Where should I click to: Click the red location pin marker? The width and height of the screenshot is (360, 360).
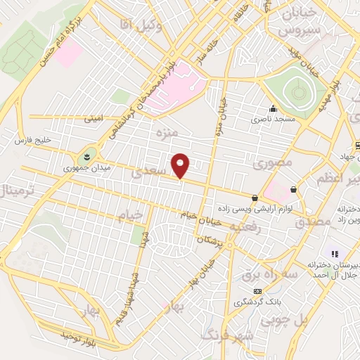tap(181, 165)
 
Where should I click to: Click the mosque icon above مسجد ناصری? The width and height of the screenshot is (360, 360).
tap(273, 109)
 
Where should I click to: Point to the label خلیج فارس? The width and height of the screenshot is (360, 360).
tap(34, 141)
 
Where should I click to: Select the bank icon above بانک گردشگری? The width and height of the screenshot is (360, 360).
tap(258, 290)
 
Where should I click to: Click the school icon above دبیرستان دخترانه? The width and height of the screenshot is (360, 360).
tap(335, 253)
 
